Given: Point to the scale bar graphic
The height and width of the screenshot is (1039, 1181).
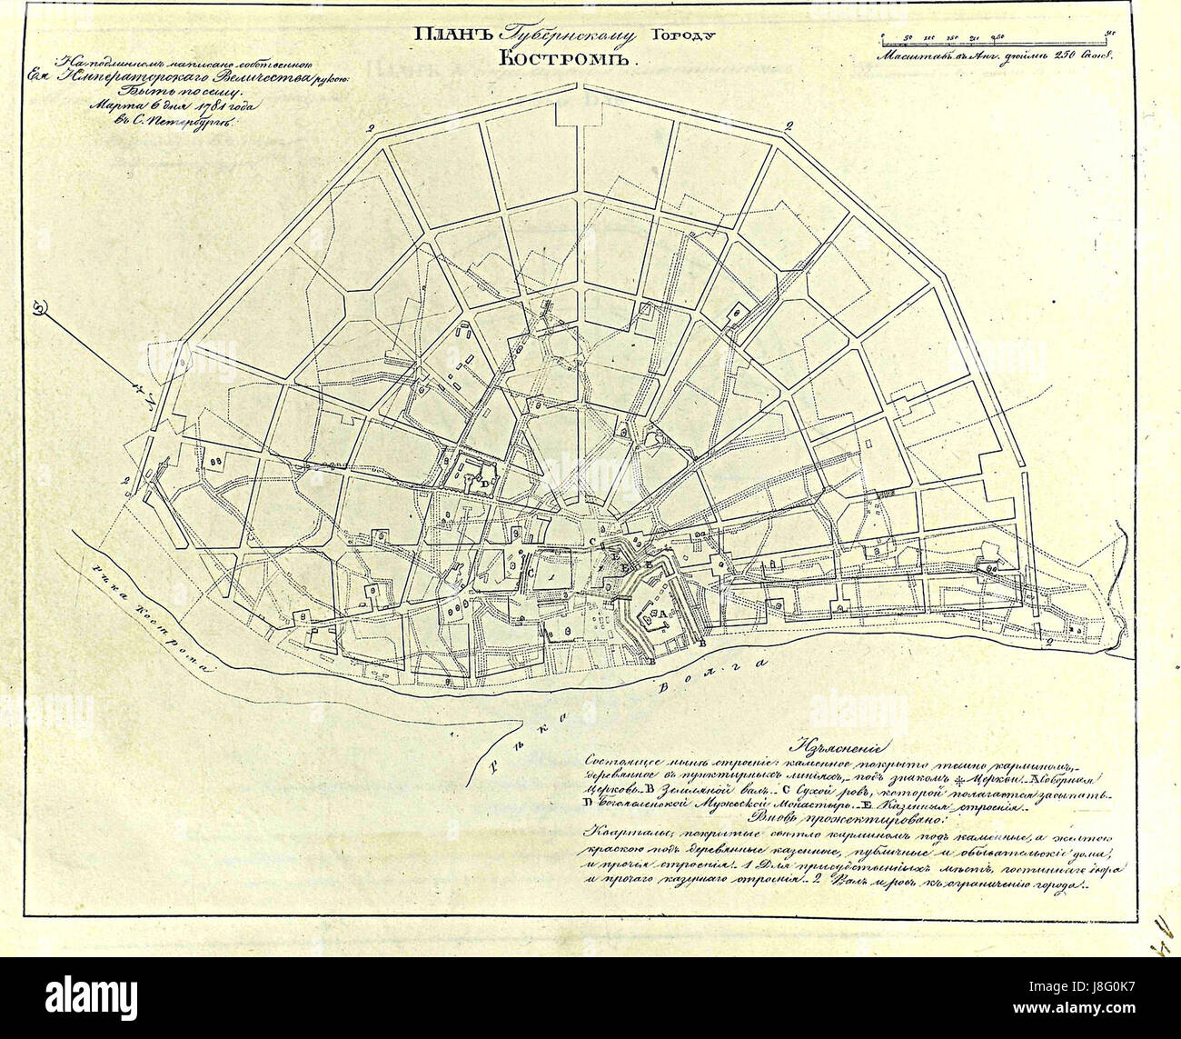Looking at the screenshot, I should tap(996, 39).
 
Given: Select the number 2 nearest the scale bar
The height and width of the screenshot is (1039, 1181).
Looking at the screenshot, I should tap(789, 125).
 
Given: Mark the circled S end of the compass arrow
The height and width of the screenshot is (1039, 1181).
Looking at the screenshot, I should tap(39, 308).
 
